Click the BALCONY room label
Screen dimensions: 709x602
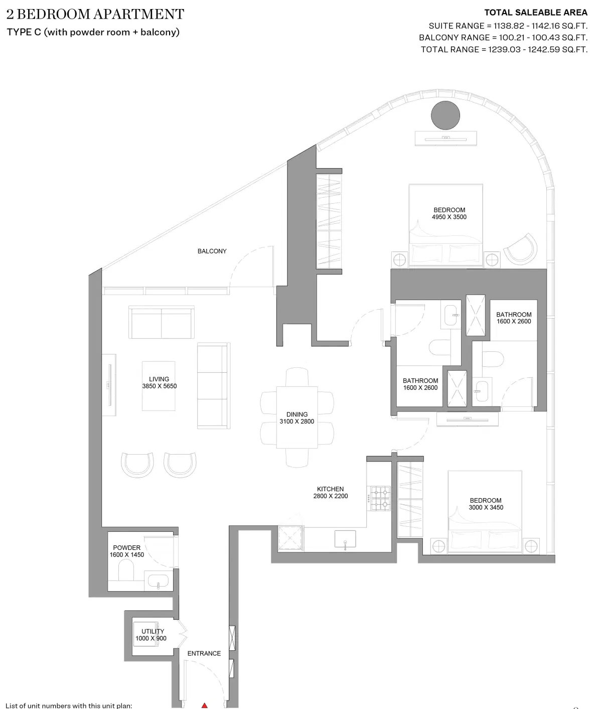pyautogui.click(x=212, y=251)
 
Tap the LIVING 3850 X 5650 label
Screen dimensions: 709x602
pyautogui.click(x=159, y=383)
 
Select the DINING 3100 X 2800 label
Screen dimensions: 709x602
pyautogui.click(x=296, y=418)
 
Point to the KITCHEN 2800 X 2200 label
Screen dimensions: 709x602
pyautogui.click(x=330, y=492)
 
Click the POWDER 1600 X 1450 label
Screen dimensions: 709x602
pyautogui.click(x=126, y=551)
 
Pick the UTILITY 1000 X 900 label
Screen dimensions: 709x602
pyautogui.click(x=151, y=635)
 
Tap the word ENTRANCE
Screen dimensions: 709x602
pyautogui.click(x=204, y=653)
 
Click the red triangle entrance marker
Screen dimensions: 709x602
pyautogui.click(x=204, y=705)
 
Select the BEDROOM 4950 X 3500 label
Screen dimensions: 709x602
pyautogui.click(x=449, y=213)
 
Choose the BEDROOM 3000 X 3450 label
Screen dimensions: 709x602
pyautogui.click(x=486, y=504)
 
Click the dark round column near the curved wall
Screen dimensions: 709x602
pyautogui.click(x=445, y=115)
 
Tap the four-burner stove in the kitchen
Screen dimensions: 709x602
pyautogui.click(x=379, y=498)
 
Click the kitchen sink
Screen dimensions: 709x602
pyautogui.click(x=345, y=539)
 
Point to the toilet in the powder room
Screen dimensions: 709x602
pyautogui.click(x=125, y=570)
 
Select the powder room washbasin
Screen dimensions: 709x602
pyautogui.click(x=159, y=583)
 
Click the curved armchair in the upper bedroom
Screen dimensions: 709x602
pyautogui.click(x=521, y=249)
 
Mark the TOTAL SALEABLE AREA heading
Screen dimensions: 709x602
pyautogui.click(x=535, y=13)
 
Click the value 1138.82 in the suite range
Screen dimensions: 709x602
pyautogui.click(x=509, y=26)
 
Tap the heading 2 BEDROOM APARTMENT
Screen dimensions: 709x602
pyautogui.click(x=95, y=14)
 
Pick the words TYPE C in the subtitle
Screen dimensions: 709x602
pyautogui.click(x=24, y=32)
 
